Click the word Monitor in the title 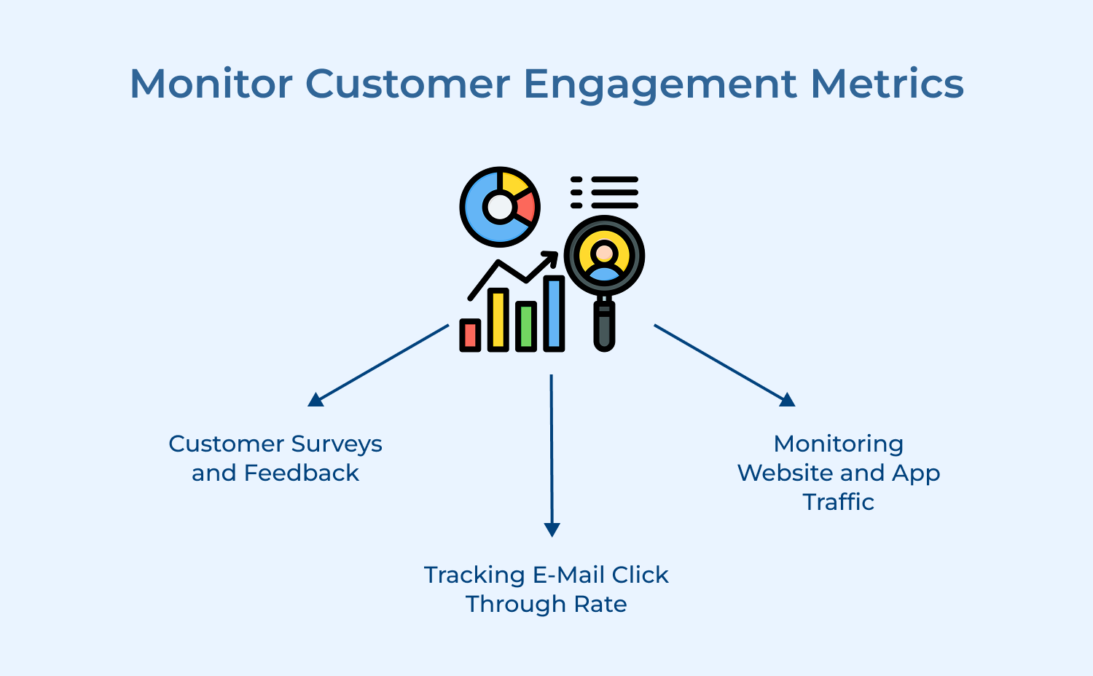[x=211, y=83]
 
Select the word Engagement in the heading [x=660, y=84]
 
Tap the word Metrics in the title [x=887, y=83]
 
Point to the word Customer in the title [x=407, y=83]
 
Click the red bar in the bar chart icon [x=470, y=335]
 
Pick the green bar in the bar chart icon [x=526, y=326]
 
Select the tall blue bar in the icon [x=554, y=313]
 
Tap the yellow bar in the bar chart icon [x=498, y=320]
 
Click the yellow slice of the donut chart [x=514, y=184]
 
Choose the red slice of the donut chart [x=526, y=207]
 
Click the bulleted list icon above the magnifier [x=605, y=192]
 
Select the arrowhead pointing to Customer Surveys [x=315, y=399]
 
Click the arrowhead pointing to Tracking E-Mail [x=552, y=530]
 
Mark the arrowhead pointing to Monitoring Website [x=787, y=399]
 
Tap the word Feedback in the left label [x=301, y=473]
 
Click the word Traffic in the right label [x=838, y=502]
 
